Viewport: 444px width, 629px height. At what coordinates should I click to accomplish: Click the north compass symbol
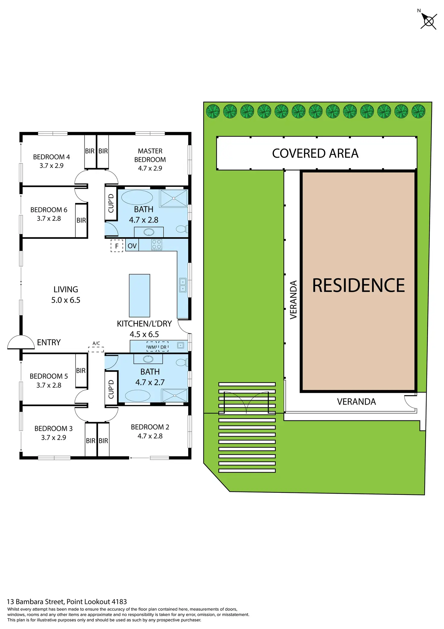[428, 21]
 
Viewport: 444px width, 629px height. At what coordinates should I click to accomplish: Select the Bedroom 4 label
[51, 157]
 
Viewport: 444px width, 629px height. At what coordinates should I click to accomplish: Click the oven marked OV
[132, 246]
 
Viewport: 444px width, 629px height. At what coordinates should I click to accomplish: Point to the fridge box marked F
[117, 246]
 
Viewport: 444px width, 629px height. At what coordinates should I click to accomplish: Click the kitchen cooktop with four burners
[157, 245]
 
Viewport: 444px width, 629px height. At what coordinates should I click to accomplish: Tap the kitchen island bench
[139, 295]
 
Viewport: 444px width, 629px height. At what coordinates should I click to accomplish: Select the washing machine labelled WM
[151, 347]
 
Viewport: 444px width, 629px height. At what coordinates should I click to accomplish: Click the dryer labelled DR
[163, 347]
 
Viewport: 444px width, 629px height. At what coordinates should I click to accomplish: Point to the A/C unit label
[96, 343]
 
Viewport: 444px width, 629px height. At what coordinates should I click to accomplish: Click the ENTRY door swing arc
[21, 342]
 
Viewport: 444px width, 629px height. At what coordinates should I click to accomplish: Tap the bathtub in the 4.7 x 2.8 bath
[137, 197]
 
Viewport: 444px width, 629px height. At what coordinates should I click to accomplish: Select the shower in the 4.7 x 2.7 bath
[174, 395]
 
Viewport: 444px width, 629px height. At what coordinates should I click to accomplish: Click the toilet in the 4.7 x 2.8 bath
[181, 229]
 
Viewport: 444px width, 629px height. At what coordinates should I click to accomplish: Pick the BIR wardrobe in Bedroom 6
[81, 220]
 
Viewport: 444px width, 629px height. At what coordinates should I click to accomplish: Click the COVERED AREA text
[315, 153]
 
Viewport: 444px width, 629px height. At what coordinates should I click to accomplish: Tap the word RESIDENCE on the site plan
[358, 286]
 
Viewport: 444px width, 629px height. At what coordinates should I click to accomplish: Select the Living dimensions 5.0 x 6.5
[66, 300]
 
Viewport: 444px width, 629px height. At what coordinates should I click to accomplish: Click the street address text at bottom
[67, 602]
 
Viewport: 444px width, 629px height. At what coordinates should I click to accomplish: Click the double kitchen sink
[183, 285]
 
